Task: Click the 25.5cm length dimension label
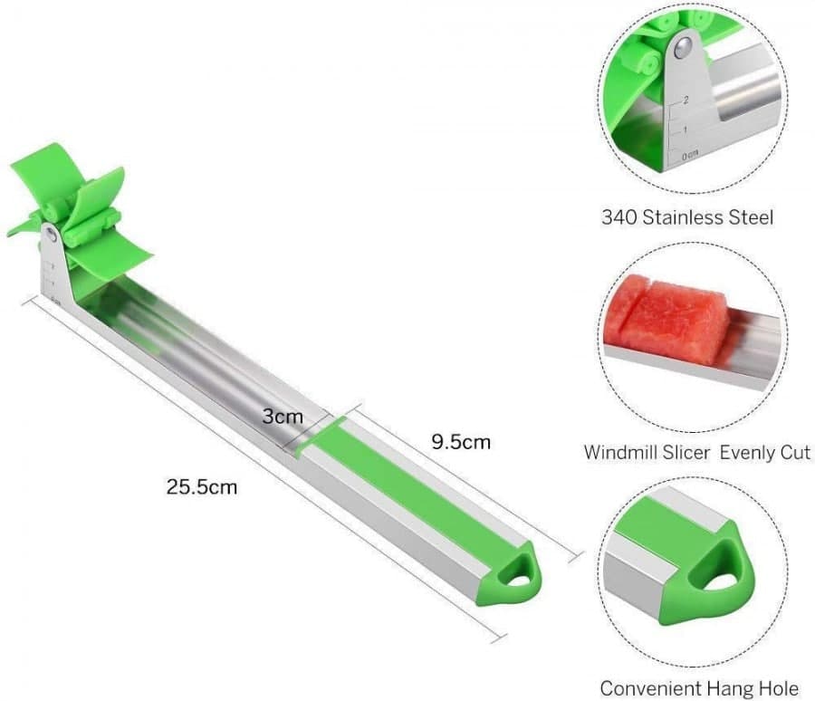point(201,486)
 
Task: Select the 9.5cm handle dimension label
point(461,442)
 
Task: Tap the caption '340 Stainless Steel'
point(687,217)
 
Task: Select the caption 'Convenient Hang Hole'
point(699,689)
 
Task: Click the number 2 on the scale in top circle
point(686,101)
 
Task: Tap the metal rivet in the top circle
point(686,43)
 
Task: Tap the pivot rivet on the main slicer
point(53,235)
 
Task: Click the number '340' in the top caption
point(620,217)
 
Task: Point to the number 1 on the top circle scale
point(685,130)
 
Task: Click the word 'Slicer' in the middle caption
point(687,452)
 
